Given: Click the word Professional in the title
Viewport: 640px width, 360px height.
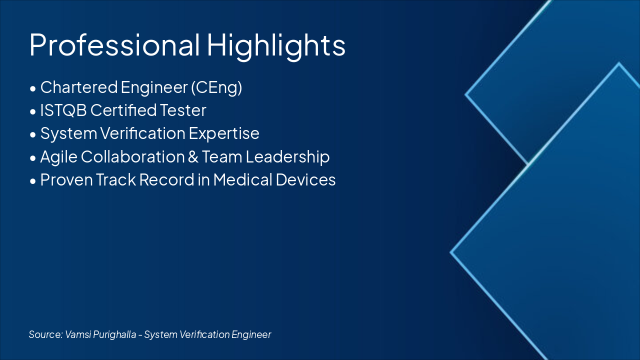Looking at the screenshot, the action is pyautogui.click(x=114, y=45).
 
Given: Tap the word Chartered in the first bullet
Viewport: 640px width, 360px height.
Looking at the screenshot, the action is pyautogui.click(x=79, y=87).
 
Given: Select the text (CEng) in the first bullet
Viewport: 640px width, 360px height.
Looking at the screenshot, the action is pyautogui.click(x=216, y=87).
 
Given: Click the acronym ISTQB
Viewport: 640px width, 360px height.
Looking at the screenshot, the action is pyautogui.click(x=63, y=110).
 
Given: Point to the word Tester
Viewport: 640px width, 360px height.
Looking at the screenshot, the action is pyautogui.click(x=183, y=110).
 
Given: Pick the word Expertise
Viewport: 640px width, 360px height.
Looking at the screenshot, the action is pyautogui.click(x=224, y=133).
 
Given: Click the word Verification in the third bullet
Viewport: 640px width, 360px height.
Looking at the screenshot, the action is pyautogui.click(x=143, y=133).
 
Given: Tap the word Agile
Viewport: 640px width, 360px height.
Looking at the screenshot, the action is pyautogui.click(x=59, y=157).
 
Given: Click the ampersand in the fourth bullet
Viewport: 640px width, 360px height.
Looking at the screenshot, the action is pyautogui.click(x=193, y=157).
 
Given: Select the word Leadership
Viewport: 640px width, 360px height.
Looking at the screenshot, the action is pyautogui.click(x=287, y=157).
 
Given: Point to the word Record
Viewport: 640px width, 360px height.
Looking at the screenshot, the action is pyautogui.click(x=167, y=179).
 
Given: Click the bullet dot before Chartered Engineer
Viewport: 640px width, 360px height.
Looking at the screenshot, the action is pyautogui.click(x=33, y=89).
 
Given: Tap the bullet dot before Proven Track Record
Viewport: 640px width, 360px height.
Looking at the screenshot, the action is pyautogui.click(x=33, y=181).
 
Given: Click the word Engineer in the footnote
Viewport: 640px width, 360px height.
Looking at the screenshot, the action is pyautogui.click(x=251, y=334).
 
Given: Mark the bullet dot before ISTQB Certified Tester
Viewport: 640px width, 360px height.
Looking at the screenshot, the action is pyautogui.click(x=33, y=112).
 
